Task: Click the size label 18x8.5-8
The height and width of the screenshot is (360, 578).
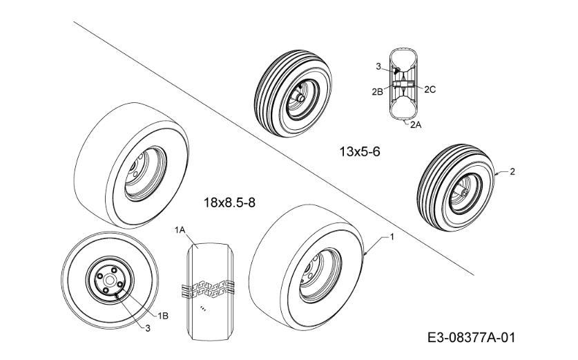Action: (229, 202)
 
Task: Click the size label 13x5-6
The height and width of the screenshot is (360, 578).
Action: (359, 151)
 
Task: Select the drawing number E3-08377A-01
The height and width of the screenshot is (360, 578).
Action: (471, 337)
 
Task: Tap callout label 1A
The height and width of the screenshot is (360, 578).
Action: (180, 230)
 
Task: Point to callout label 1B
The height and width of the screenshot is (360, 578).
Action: (162, 316)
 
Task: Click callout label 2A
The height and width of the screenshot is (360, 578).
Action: (416, 124)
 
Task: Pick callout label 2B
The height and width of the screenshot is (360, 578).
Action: (377, 92)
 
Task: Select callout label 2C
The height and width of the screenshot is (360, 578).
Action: (430, 89)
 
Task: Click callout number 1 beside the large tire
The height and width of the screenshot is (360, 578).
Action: (392, 237)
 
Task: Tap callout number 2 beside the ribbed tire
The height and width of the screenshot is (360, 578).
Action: (512, 171)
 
